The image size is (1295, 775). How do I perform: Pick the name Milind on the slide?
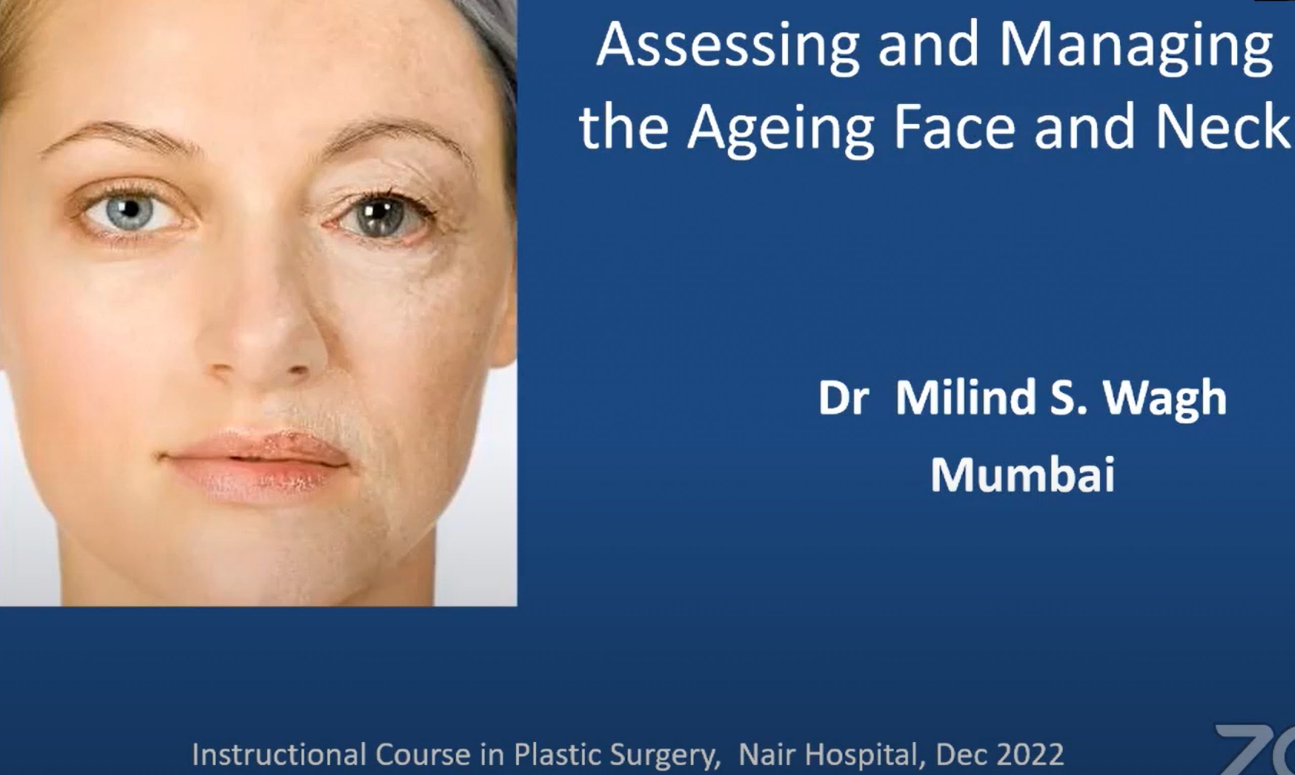[965, 398]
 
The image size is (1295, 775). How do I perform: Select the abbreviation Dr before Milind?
[843, 398]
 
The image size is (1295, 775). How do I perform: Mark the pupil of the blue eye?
[131, 209]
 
